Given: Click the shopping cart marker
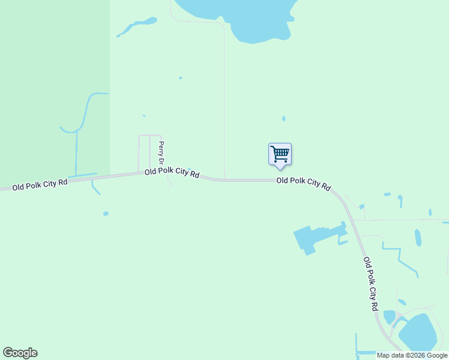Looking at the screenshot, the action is (280, 154).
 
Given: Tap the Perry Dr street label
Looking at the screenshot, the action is (161, 152).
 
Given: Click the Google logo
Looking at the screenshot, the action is (20, 353).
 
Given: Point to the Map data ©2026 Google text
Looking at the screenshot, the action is (412, 355).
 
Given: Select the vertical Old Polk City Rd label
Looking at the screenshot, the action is (371, 284).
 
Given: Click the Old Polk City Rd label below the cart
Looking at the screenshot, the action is (303, 184).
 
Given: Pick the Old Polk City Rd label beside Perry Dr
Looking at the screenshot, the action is (172, 173).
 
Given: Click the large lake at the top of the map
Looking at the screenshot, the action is (252, 18).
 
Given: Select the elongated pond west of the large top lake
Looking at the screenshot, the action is (137, 25).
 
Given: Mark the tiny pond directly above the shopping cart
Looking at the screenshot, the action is (283, 119).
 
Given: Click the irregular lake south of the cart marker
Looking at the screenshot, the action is (312, 238).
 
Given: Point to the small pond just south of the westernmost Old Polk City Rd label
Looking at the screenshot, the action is (106, 214).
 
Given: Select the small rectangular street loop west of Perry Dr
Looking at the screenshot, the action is (144, 152).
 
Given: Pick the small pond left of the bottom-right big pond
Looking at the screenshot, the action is (389, 317).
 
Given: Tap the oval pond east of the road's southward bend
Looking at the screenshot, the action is (418, 238).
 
